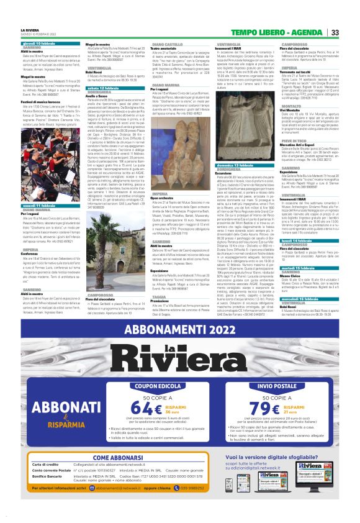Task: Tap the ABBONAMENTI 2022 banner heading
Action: [180, 330]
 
